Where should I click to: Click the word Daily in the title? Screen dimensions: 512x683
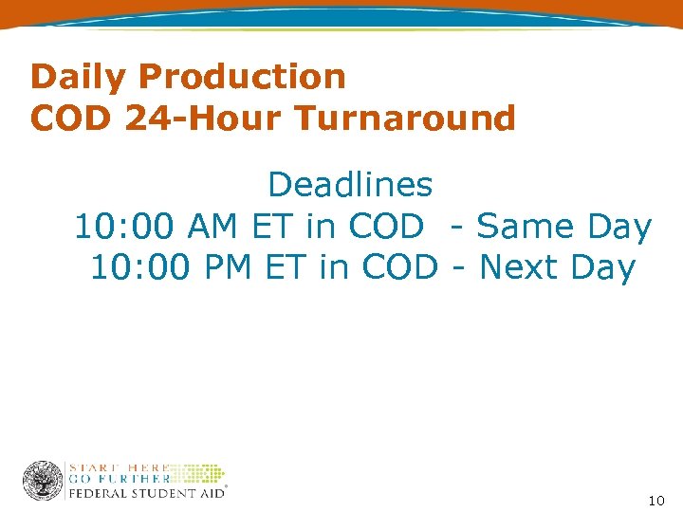(69, 77)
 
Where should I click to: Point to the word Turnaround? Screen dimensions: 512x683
(405, 119)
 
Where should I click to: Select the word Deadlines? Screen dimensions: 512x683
(350, 185)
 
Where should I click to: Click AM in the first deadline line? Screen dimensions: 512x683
(215, 228)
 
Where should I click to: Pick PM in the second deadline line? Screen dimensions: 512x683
(230, 268)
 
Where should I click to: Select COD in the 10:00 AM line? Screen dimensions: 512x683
(386, 228)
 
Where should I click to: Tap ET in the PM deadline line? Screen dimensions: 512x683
(287, 268)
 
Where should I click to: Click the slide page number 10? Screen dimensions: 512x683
(656, 500)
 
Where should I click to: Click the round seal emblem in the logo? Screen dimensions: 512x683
(43, 481)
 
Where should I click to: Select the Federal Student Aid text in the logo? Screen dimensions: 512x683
(145, 493)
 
